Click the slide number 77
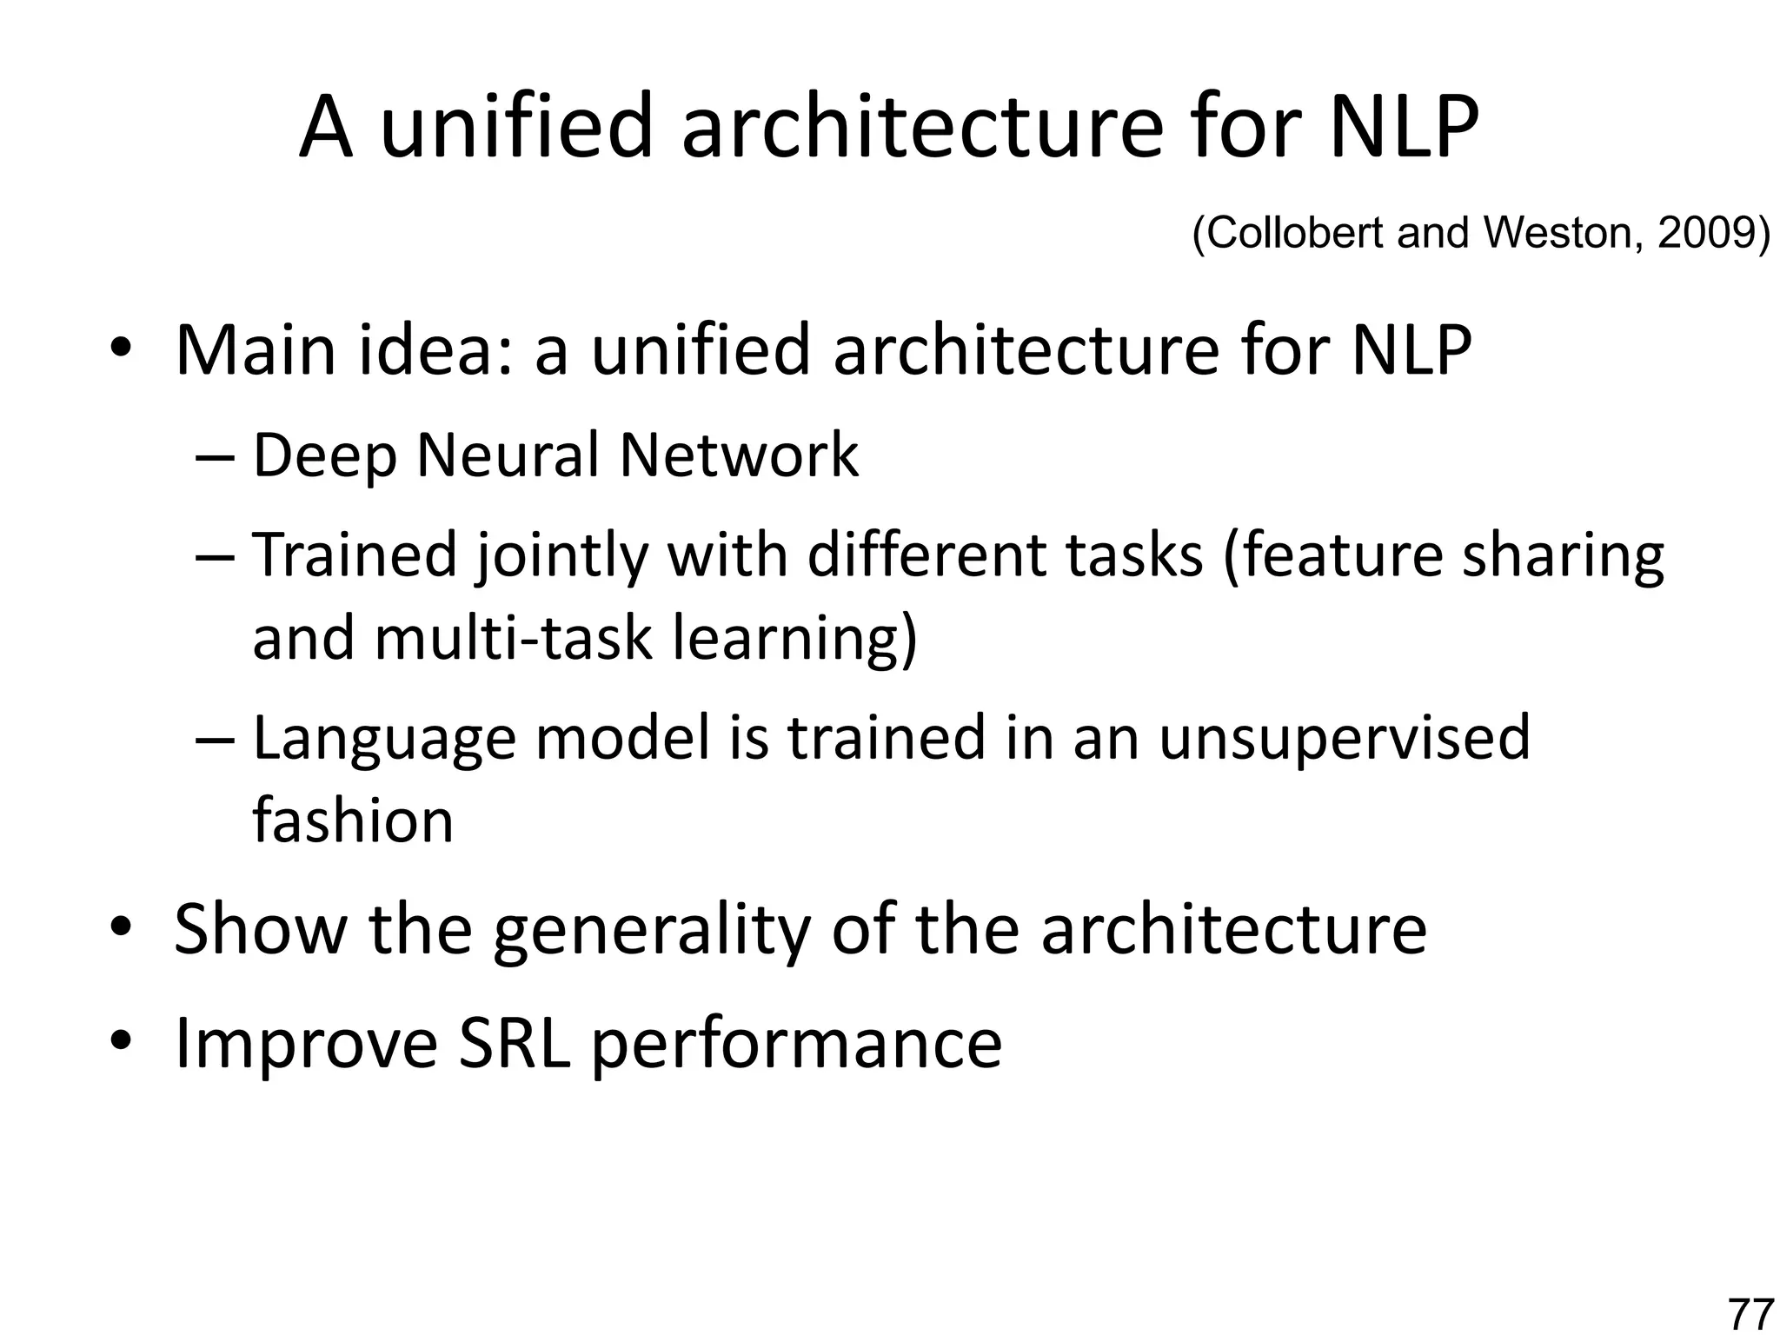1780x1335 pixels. coord(1750,1313)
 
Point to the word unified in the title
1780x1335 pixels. coord(516,129)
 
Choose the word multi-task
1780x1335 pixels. coord(513,638)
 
